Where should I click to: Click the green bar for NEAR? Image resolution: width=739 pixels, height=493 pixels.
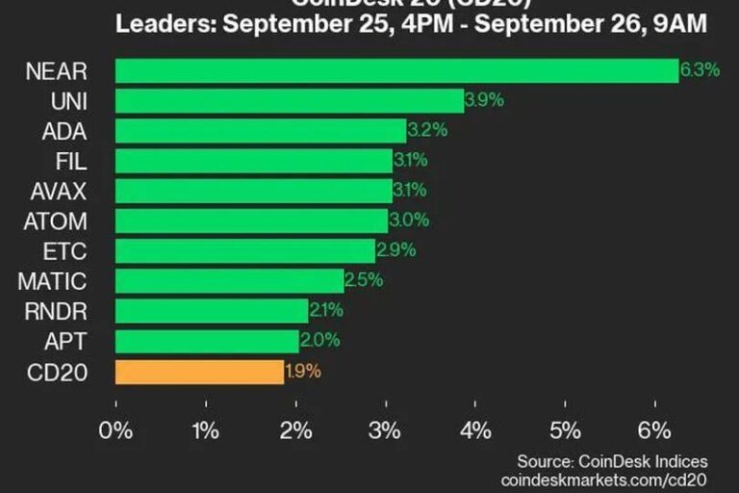[x=396, y=70]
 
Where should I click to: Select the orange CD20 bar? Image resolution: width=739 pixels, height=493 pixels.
[x=199, y=372]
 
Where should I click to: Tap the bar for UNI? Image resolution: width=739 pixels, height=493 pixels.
[x=289, y=100]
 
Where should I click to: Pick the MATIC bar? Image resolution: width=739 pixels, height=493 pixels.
[x=229, y=281]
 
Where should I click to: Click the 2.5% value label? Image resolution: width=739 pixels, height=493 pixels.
[x=363, y=281]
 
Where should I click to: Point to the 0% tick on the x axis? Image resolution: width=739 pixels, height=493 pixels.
[x=116, y=429]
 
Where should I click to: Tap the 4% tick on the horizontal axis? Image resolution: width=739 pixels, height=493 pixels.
[x=475, y=429]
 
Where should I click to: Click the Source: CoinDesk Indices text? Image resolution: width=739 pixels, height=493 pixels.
[x=612, y=460]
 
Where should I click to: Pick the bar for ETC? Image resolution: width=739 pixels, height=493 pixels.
[x=244, y=251]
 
